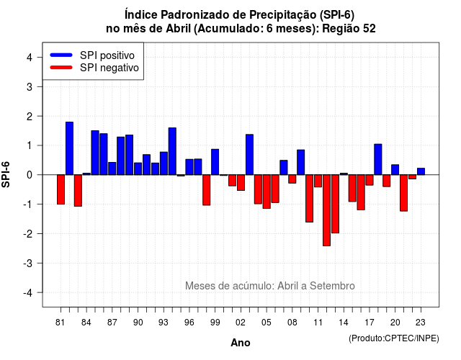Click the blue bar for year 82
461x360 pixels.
coord(69,148)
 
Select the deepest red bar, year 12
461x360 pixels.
coord(326,210)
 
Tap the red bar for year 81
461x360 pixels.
coord(61,189)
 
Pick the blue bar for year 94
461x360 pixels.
coord(172,151)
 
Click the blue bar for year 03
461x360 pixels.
coord(249,155)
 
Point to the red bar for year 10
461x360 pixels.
coord(309,199)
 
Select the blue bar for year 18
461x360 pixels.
coord(378,159)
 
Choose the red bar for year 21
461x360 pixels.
coord(403,193)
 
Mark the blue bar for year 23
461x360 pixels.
coord(421,171)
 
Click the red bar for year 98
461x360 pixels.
coord(207,190)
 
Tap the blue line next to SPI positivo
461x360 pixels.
coord(61,55)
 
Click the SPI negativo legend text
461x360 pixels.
coord(109,68)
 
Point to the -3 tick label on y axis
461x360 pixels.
coord(28,263)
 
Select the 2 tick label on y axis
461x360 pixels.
coord(30,117)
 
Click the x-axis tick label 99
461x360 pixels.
coord(215,323)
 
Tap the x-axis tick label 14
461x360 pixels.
coord(344,323)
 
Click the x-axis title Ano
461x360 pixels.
coord(241,343)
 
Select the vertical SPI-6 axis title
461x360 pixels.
coord(6,174)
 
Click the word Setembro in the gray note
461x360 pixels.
coord(332,286)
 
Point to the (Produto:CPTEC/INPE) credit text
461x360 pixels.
coord(394,338)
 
